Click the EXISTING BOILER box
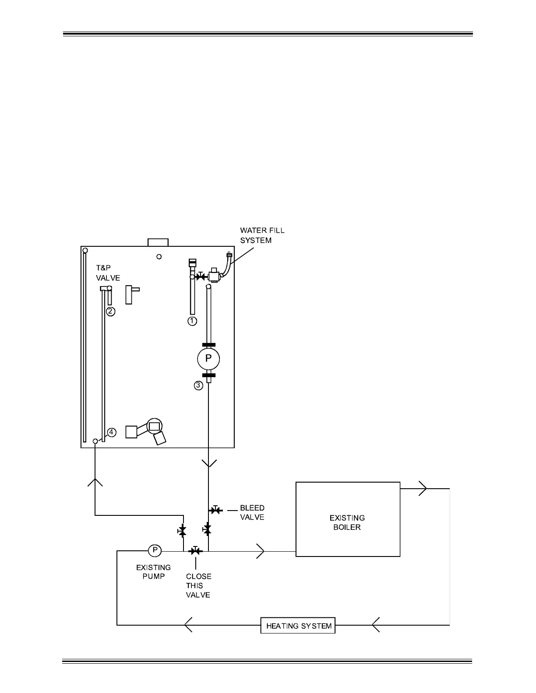[x=348, y=519]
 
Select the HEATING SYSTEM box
[x=298, y=626]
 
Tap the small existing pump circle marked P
[x=155, y=550]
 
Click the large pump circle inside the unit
[x=208, y=359]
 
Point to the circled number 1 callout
[x=192, y=321]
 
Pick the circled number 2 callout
[x=111, y=311]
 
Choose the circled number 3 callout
[x=199, y=385]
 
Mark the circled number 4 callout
[x=112, y=432]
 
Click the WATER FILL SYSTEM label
[x=262, y=235]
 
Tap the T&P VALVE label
[x=108, y=273]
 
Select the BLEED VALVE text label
[x=252, y=512]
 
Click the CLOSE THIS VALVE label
[x=198, y=586]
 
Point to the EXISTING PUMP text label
[x=153, y=572]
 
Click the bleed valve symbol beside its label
[x=216, y=510]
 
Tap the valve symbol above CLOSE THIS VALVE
[x=195, y=551]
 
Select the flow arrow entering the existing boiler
[x=261, y=551]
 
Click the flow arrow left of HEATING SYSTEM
[x=188, y=625]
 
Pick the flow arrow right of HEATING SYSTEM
[x=376, y=625]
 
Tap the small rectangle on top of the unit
[x=158, y=242]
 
